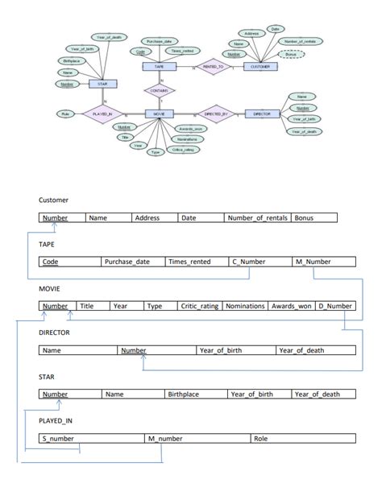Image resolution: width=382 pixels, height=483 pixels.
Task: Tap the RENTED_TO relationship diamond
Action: (x=213, y=67)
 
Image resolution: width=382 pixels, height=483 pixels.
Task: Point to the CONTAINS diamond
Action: (x=160, y=90)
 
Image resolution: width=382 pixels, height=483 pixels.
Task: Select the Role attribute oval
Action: (x=64, y=114)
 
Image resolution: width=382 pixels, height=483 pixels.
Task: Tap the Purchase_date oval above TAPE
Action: (x=158, y=41)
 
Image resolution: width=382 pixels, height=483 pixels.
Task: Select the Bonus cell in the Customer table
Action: (x=313, y=217)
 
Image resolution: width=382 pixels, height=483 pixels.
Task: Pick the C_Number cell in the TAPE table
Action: (x=260, y=262)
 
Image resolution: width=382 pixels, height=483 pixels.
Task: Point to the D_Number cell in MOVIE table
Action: (x=334, y=306)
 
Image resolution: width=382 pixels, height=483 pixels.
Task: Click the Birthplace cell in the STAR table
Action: (x=196, y=394)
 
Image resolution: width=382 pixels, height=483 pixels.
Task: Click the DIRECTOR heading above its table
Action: (x=54, y=332)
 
